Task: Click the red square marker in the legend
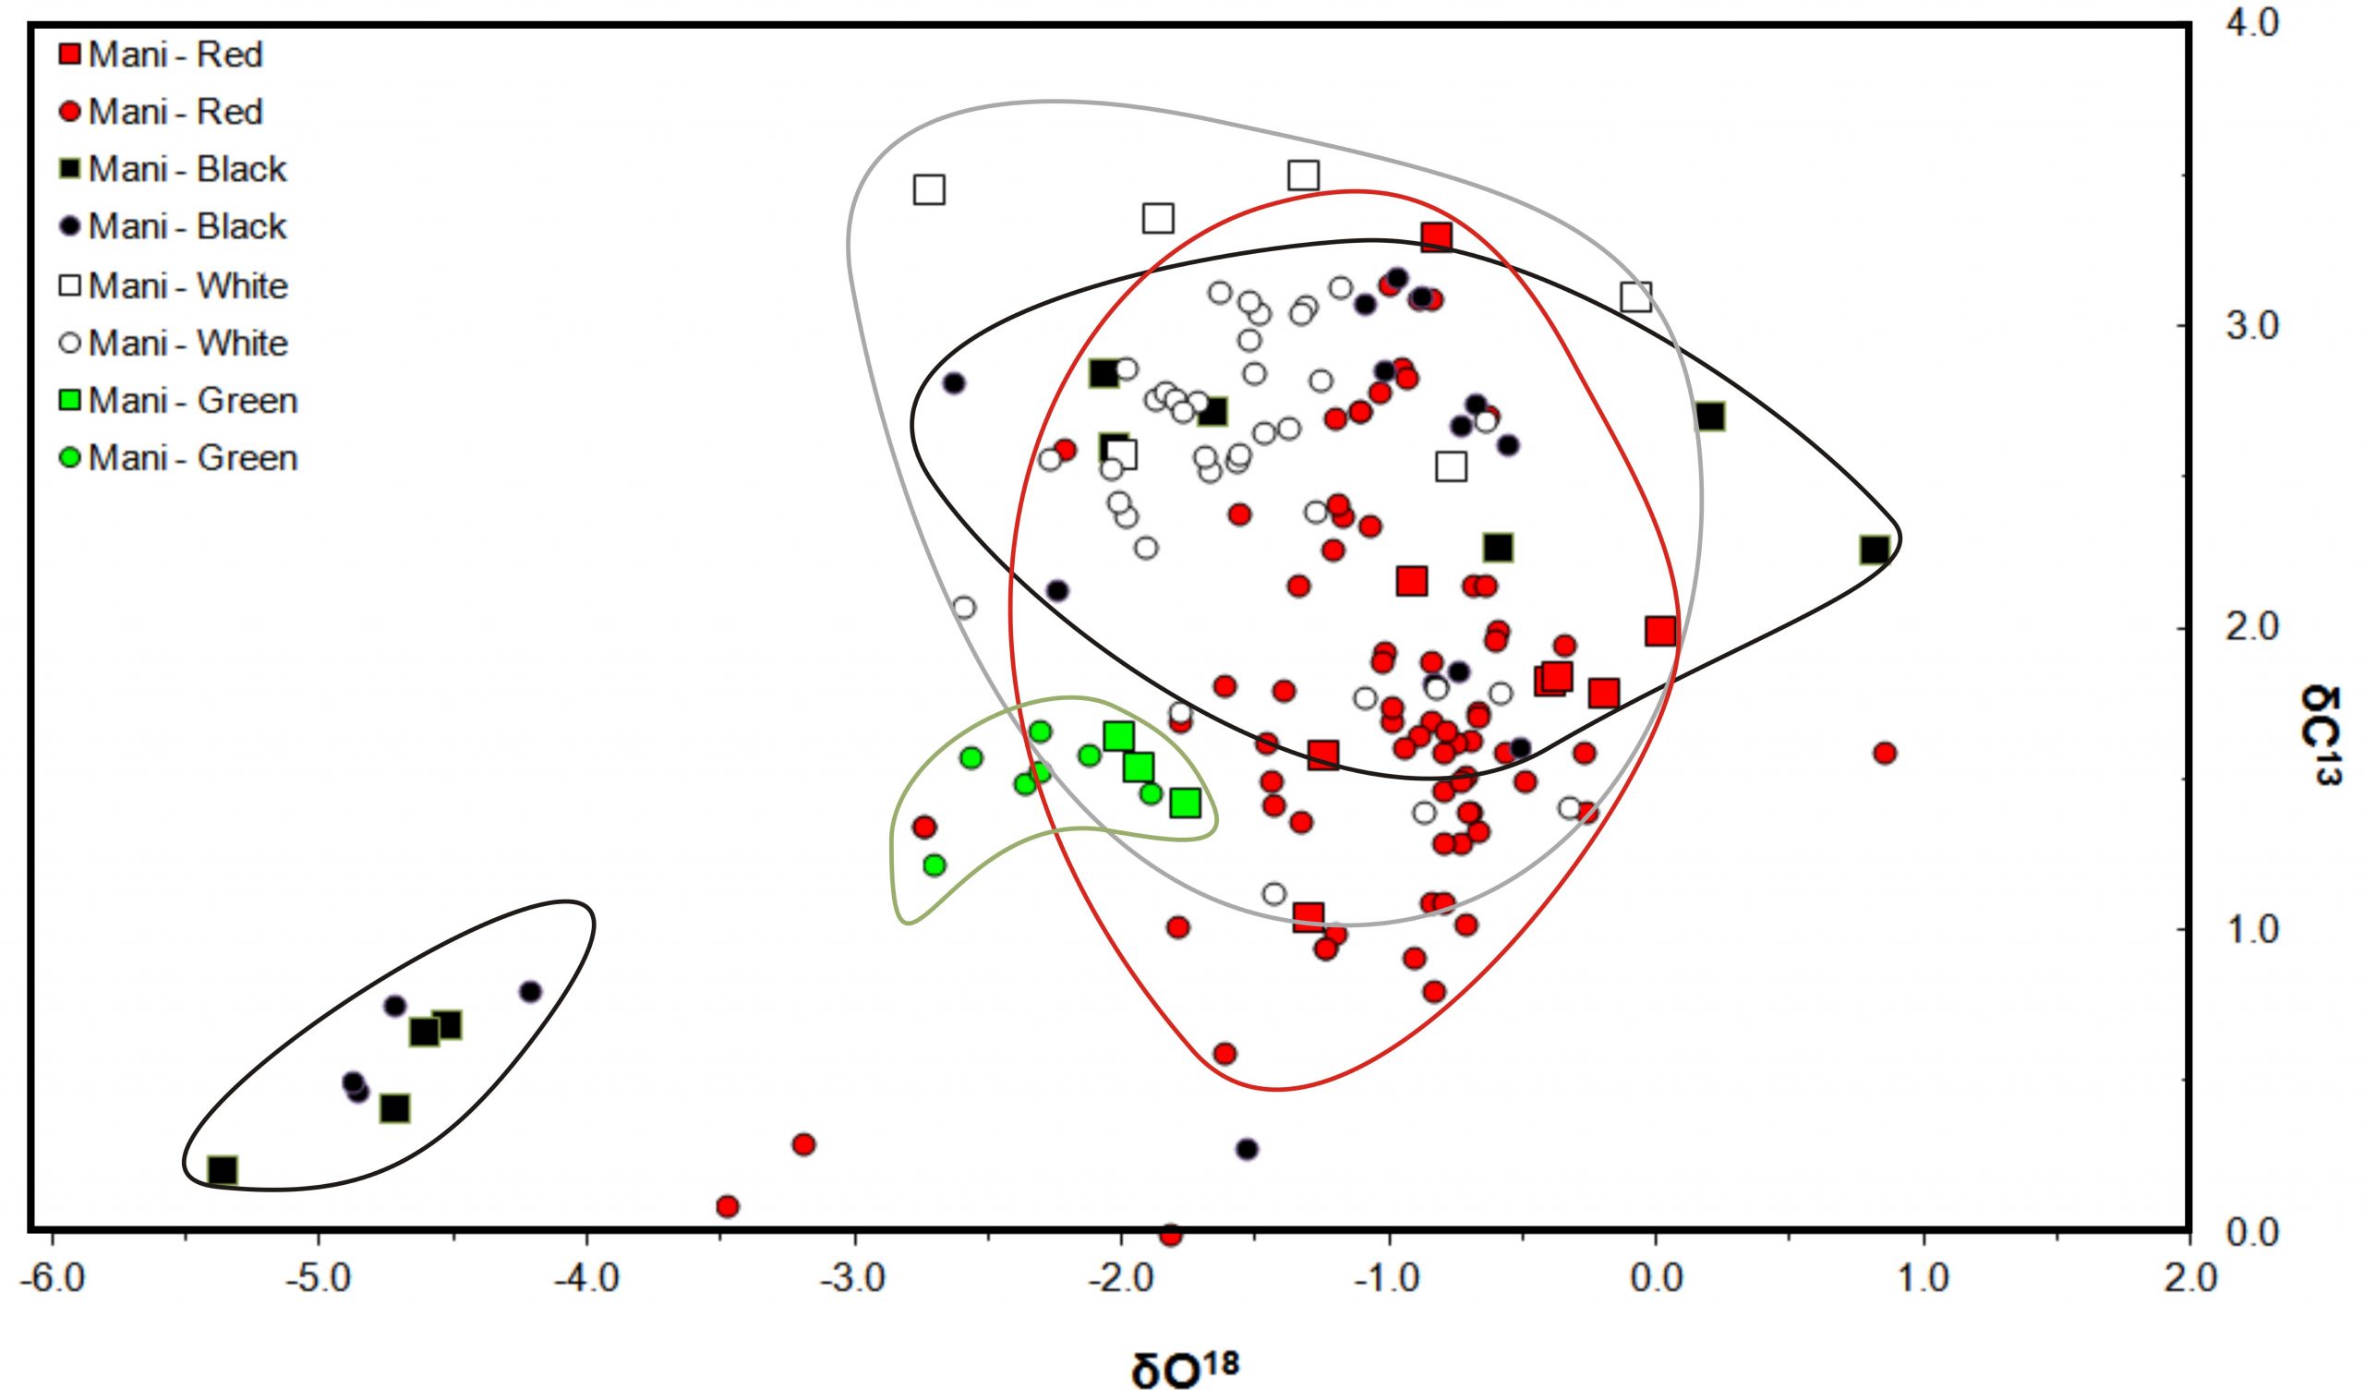click(x=69, y=54)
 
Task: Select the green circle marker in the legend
click(x=69, y=458)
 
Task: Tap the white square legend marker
click(x=69, y=285)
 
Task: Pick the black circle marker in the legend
click(x=69, y=227)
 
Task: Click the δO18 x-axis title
click(x=1185, y=1368)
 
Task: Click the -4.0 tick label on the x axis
click(x=586, y=1278)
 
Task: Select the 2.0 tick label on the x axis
click(x=2189, y=1278)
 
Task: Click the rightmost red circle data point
click(x=1885, y=753)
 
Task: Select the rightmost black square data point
click(x=1875, y=550)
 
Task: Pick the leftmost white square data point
click(x=929, y=189)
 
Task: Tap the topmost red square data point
click(x=1436, y=236)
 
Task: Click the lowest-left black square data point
click(x=223, y=1170)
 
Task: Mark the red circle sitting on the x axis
click(x=1171, y=1234)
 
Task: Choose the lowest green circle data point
click(x=935, y=864)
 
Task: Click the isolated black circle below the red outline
click(x=1247, y=1149)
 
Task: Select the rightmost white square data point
click(x=1636, y=297)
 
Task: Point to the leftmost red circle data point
click(x=727, y=1206)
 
